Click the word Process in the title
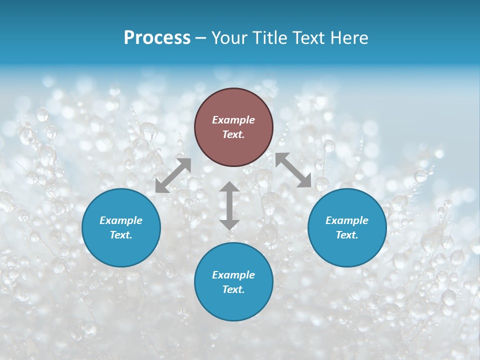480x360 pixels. [x=157, y=38]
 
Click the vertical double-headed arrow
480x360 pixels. [x=229, y=205]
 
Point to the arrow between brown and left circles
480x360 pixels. [x=173, y=175]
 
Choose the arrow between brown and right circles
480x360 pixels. [x=293, y=170]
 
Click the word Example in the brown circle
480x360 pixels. [x=233, y=120]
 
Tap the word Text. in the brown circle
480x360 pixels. [x=233, y=134]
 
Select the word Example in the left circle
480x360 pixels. [x=121, y=220]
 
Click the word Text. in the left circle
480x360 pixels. [x=121, y=235]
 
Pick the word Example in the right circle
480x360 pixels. [x=347, y=220]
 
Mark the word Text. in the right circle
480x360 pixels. [x=347, y=235]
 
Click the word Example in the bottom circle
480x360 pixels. [x=233, y=275]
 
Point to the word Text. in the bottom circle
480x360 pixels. [x=233, y=289]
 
